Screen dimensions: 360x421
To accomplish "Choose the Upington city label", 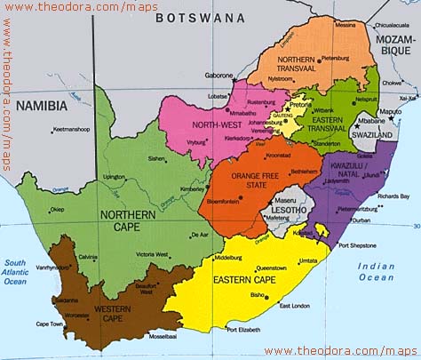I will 115,177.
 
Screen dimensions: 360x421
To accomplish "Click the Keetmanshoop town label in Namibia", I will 72,130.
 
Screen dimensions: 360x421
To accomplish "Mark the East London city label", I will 295,306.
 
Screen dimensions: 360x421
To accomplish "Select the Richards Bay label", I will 393,196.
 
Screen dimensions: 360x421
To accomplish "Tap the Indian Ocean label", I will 376,272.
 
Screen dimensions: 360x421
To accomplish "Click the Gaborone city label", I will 219,76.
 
